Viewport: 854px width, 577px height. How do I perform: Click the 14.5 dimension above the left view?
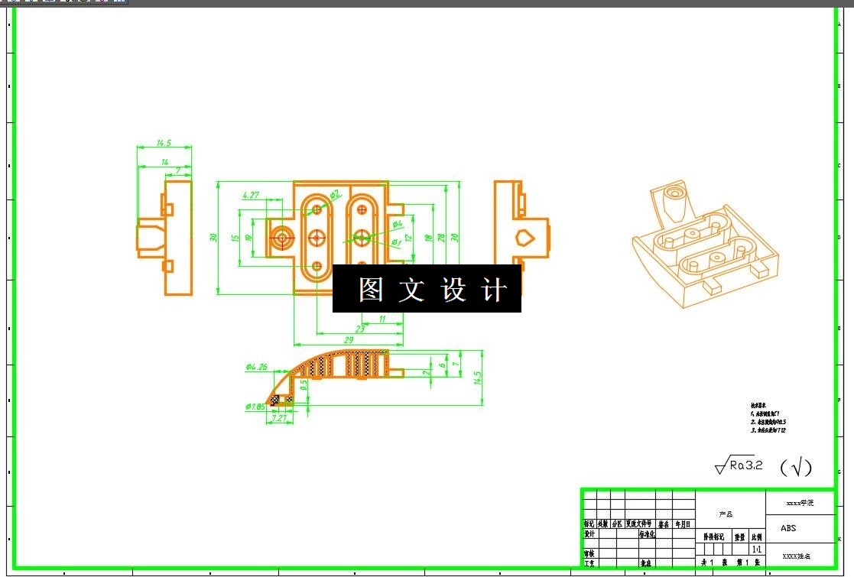point(164,143)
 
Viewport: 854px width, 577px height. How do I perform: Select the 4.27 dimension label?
point(251,196)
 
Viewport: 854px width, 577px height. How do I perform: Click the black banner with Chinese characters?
point(427,289)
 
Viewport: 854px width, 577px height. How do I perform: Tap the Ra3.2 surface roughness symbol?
point(739,465)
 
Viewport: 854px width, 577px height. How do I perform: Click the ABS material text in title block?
point(788,528)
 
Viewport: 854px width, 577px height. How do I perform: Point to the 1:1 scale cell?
point(757,549)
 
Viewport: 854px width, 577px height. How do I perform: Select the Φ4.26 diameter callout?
point(257,367)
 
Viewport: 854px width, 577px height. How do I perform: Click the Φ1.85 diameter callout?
point(255,407)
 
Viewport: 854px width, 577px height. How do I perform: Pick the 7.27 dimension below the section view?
point(279,418)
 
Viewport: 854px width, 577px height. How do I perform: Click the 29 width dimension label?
point(349,339)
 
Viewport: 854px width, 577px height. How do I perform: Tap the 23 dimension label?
point(360,329)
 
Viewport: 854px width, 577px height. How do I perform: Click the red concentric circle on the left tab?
point(282,238)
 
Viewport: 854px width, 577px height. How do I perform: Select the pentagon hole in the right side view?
point(524,238)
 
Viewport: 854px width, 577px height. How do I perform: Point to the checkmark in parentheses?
point(796,466)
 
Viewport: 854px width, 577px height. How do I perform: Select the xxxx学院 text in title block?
point(800,503)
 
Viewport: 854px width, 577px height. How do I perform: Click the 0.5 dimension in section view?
point(304,386)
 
